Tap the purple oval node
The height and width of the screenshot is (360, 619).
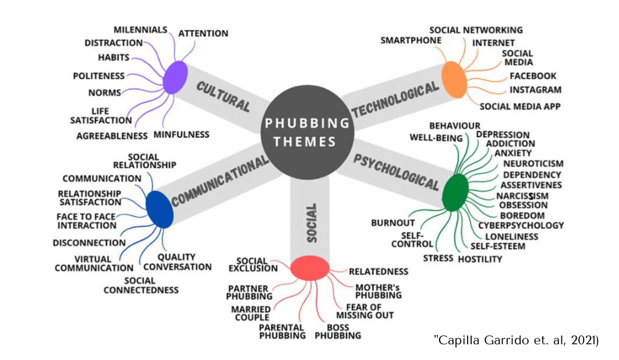click(175, 77)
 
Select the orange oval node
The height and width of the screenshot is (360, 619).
click(454, 76)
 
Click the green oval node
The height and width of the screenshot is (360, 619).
click(455, 192)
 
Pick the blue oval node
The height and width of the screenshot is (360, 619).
click(159, 209)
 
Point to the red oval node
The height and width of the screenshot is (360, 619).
click(309, 267)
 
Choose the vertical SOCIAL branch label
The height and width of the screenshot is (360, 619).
click(310, 223)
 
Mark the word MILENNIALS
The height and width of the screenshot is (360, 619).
click(140, 30)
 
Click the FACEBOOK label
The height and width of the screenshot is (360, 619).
click(533, 76)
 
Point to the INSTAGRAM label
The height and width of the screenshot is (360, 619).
click(535, 90)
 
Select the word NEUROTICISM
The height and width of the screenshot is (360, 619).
click(533, 164)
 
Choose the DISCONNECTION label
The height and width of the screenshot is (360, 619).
click(89, 243)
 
